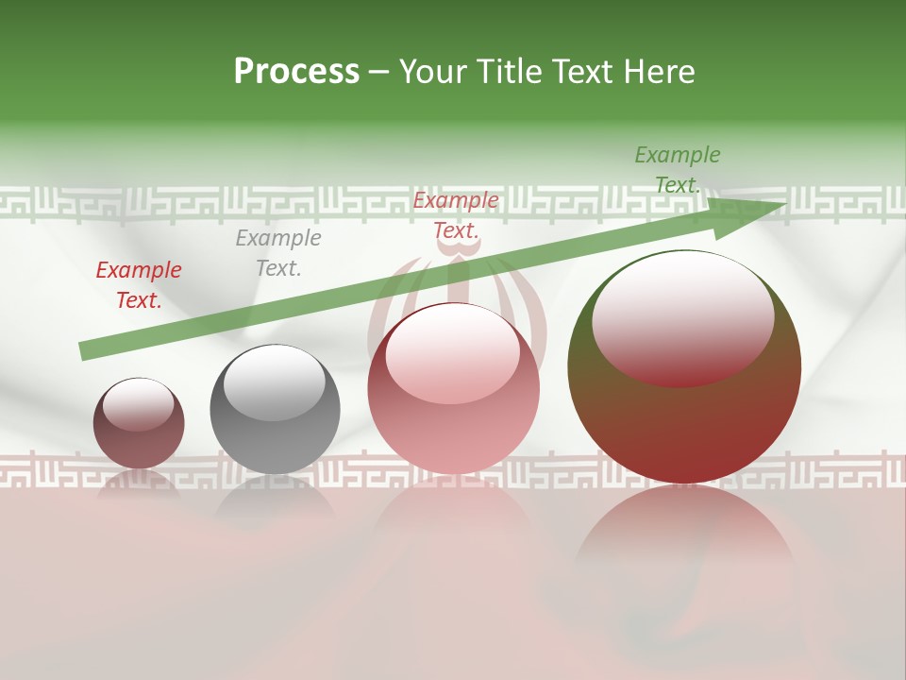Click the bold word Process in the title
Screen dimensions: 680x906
pos(296,72)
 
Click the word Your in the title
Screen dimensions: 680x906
pos(434,72)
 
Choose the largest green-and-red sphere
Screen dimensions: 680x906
pos(684,425)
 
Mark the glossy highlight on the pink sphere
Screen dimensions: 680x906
pos(453,353)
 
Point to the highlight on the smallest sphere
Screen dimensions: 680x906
pos(138,404)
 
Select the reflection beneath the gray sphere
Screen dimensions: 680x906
pos(275,501)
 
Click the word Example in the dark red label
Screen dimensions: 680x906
pos(139,270)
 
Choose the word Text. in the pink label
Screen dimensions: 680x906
pos(456,230)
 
